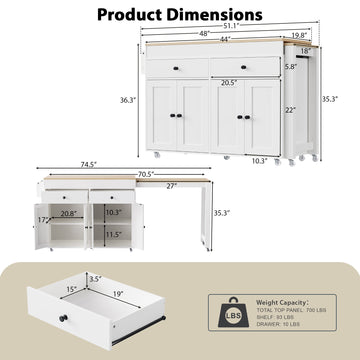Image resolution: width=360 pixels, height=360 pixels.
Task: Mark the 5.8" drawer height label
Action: point(290,68)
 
